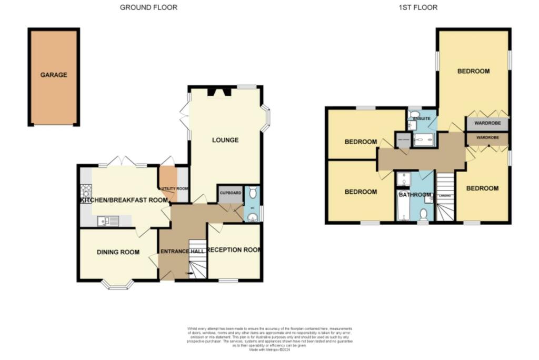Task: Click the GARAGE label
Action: coord(54,75)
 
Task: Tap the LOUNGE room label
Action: coord(225,140)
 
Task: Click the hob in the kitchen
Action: coord(86,190)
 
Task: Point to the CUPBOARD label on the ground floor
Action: coord(230,193)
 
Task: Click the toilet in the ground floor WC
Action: coord(252,192)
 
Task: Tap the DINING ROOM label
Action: coord(118,253)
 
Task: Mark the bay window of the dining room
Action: coord(117,285)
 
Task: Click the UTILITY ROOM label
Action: coord(174,188)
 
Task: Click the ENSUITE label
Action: coord(422,119)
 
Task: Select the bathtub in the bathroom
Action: coord(403,207)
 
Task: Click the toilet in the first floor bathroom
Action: coord(423,214)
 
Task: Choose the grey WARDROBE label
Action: coord(487,125)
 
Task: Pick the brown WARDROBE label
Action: coord(487,138)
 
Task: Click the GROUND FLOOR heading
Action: coord(148,7)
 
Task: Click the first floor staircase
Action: coord(445,197)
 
